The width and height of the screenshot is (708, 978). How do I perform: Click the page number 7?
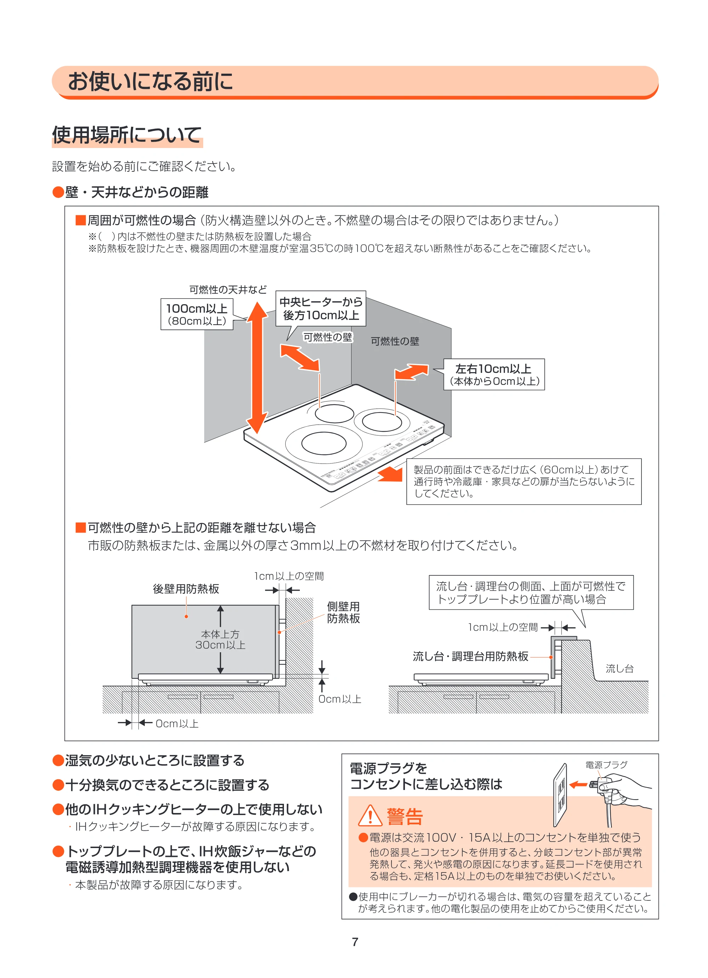tap(355, 942)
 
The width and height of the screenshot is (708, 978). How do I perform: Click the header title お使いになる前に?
tap(150, 81)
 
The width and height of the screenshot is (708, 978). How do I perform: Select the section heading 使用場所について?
tap(127, 135)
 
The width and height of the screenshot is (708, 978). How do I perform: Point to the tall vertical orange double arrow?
tap(257, 368)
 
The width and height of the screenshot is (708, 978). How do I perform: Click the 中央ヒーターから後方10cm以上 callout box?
tap(321, 308)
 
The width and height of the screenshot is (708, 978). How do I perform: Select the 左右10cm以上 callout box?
tap(494, 374)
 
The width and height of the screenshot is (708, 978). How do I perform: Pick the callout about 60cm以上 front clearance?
tap(524, 481)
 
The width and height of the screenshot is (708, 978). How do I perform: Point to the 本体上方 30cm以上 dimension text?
tap(220, 639)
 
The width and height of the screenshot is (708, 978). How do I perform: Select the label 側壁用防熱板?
tap(343, 612)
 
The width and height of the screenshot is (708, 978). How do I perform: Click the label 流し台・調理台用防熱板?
tap(470, 656)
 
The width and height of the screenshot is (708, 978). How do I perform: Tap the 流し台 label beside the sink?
tap(619, 669)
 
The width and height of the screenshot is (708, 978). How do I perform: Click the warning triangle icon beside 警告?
tap(370, 815)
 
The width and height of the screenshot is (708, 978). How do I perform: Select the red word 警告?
tap(405, 816)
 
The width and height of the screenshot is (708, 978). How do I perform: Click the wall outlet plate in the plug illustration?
tap(560, 795)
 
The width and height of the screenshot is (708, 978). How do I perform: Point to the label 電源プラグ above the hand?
tap(606, 765)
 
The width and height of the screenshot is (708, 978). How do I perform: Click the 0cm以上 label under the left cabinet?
tap(177, 723)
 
